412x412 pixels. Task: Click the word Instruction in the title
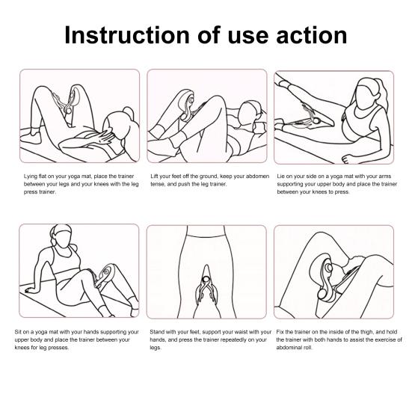click(x=127, y=35)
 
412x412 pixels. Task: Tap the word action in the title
click(x=312, y=35)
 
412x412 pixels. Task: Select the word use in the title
click(x=247, y=37)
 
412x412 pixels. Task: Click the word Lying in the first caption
click(x=31, y=176)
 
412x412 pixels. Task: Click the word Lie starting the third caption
click(x=281, y=176)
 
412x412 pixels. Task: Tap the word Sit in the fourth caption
click(x=18, y=332)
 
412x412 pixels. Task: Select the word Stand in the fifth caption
click(x=157, y=332)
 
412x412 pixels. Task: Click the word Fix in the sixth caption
click(x=280, y=332)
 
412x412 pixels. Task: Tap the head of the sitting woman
click(x=61, y=236)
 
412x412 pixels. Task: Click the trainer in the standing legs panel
click(x=206, y=285)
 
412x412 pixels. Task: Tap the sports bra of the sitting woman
click(x=63, y=259)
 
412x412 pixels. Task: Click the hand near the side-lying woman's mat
click(x=349, y=159)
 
